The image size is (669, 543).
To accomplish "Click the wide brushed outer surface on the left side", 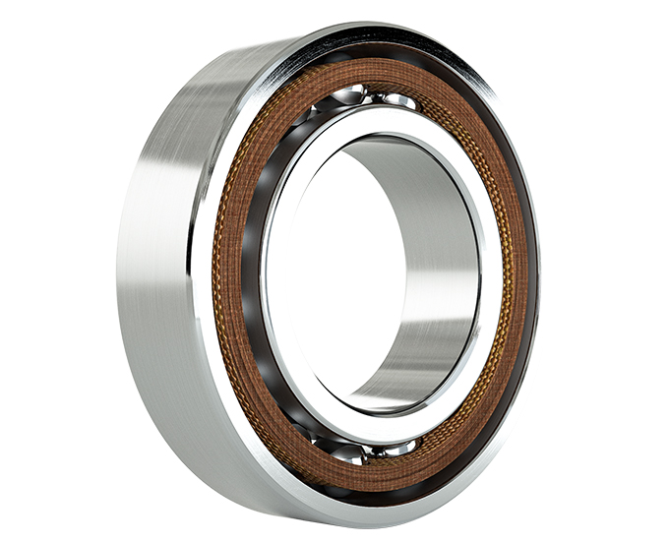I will [x=157, y=266].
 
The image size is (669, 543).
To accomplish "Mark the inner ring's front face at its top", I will [x=384, y=120].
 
